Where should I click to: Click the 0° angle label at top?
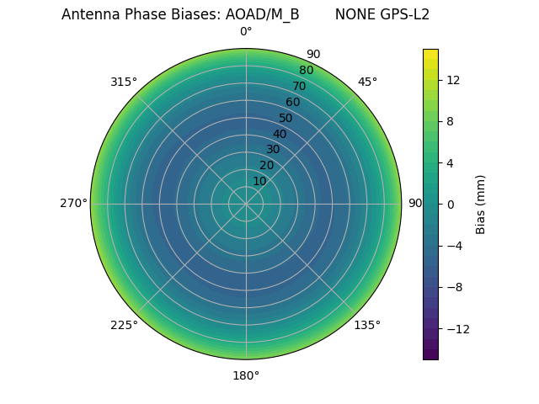click(246, 32)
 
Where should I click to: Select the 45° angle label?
click(367, 82)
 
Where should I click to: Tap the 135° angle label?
click(367, 325)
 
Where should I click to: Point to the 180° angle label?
click(246, 375)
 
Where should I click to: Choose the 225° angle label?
click(124, 325)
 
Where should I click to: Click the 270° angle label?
click(73, 203)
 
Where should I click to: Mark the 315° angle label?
click(124, 82)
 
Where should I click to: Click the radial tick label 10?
click(259, 181)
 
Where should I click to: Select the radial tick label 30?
click(273, 149)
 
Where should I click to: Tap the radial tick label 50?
click(286, 118)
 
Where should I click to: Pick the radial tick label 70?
click(299, 86)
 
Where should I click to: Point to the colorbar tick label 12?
click(452, 80)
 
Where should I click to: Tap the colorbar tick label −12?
click(456, 329)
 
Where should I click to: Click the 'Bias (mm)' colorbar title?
click(481, 204)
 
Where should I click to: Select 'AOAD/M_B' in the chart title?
click(262, 14)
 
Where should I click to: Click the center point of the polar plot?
click(246, 204)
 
